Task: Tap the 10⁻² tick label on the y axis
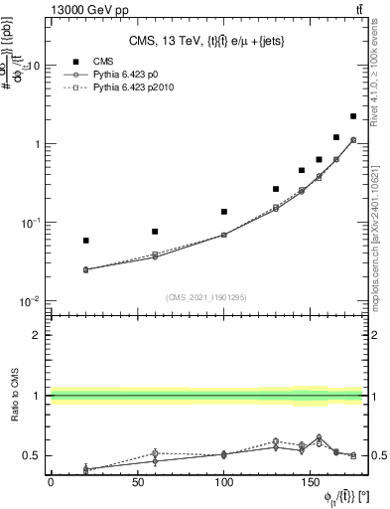30,301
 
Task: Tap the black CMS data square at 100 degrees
224,212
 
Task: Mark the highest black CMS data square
353,116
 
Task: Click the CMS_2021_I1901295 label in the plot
205,297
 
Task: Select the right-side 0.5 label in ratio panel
379,456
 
